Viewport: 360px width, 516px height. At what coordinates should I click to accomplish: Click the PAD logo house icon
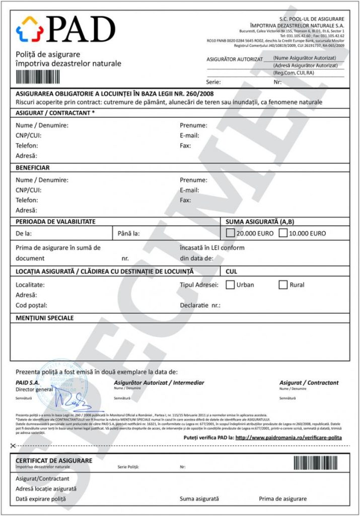tap(30, 29)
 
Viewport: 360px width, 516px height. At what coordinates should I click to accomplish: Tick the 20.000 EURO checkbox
tap(231, 233)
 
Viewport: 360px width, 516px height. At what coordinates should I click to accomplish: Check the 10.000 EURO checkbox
tap(283, 233)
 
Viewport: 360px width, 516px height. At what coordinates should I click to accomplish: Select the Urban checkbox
tap(230, 285)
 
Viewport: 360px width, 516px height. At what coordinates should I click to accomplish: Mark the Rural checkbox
tap(283, 285)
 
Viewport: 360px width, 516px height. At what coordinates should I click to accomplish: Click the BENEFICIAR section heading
tap(33, 168)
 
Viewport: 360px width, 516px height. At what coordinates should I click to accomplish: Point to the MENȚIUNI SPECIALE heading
tap(45, 318)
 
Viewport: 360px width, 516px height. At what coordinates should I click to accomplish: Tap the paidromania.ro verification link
tap(289, 437)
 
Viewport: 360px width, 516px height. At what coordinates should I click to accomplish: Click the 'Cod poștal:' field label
tap(31, 305)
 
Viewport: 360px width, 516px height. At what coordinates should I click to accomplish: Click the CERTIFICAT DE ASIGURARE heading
tap(54, 461)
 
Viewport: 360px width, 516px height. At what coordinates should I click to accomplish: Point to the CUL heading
tap(232, 271)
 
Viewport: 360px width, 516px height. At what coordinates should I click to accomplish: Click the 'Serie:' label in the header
tap(213, 81)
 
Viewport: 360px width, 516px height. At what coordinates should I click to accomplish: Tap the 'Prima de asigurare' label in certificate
tap(282, 499)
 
